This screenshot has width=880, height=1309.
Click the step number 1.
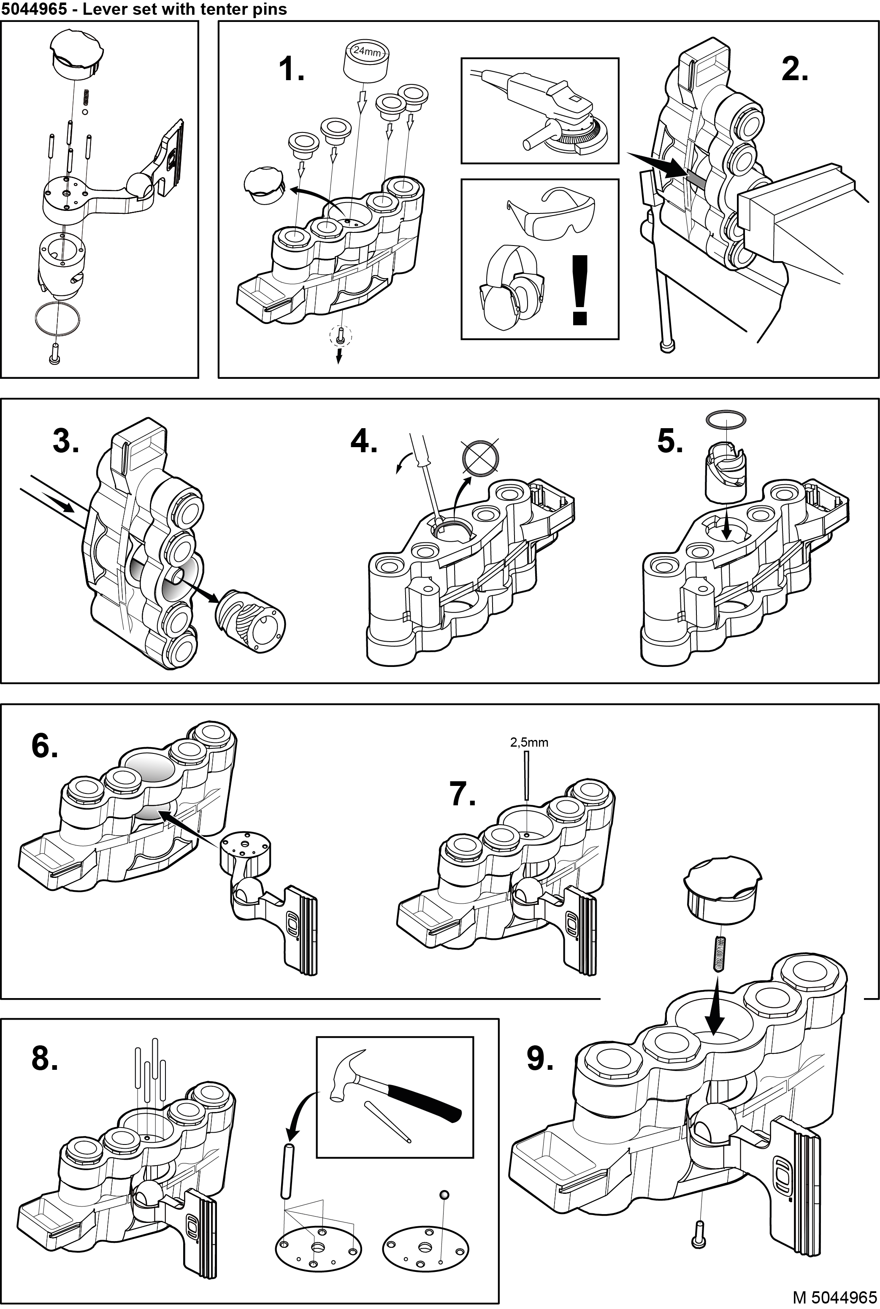(x=291, y=70)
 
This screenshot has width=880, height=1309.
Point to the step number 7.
(x=463, y=794)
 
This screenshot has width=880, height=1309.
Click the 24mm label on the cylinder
(x=367, y=51)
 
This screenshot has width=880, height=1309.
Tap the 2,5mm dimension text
(x=529, y=742)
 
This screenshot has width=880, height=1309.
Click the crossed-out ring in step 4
(x=480, y=457)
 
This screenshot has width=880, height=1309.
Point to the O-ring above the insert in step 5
(x=726, y=419)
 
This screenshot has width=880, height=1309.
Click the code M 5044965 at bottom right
(x=834, y=1297)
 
